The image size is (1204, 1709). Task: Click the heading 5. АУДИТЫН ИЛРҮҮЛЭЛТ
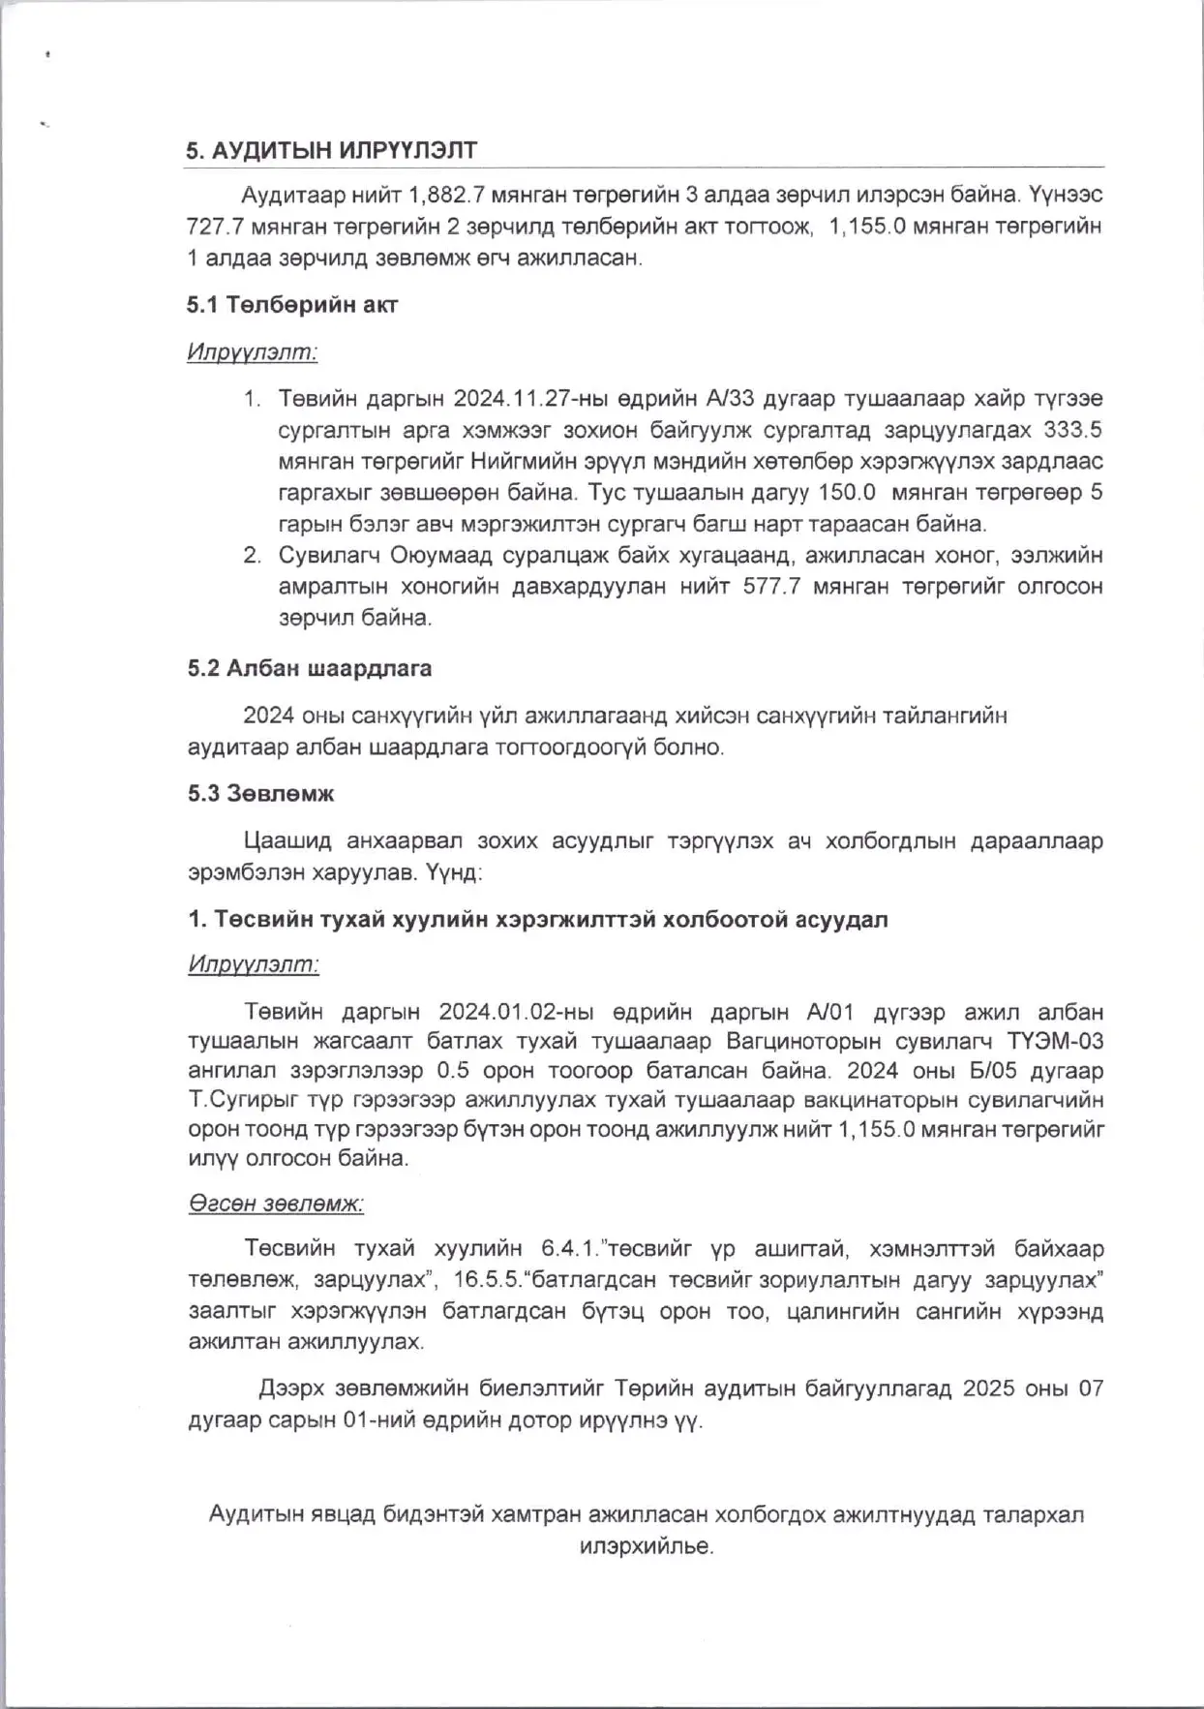tap(332, 151)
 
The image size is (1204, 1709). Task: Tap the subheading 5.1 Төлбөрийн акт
tap(292, 305)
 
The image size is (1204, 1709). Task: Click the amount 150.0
tap(847, 492)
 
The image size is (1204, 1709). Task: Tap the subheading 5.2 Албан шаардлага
tap(310, 668)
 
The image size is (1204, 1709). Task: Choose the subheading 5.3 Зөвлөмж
tap(260, 793)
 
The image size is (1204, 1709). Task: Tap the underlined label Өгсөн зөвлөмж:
tap(276, 1204)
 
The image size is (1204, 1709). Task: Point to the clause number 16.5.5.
tap(487, 1279)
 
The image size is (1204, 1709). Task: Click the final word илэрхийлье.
tap(647, 1546)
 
